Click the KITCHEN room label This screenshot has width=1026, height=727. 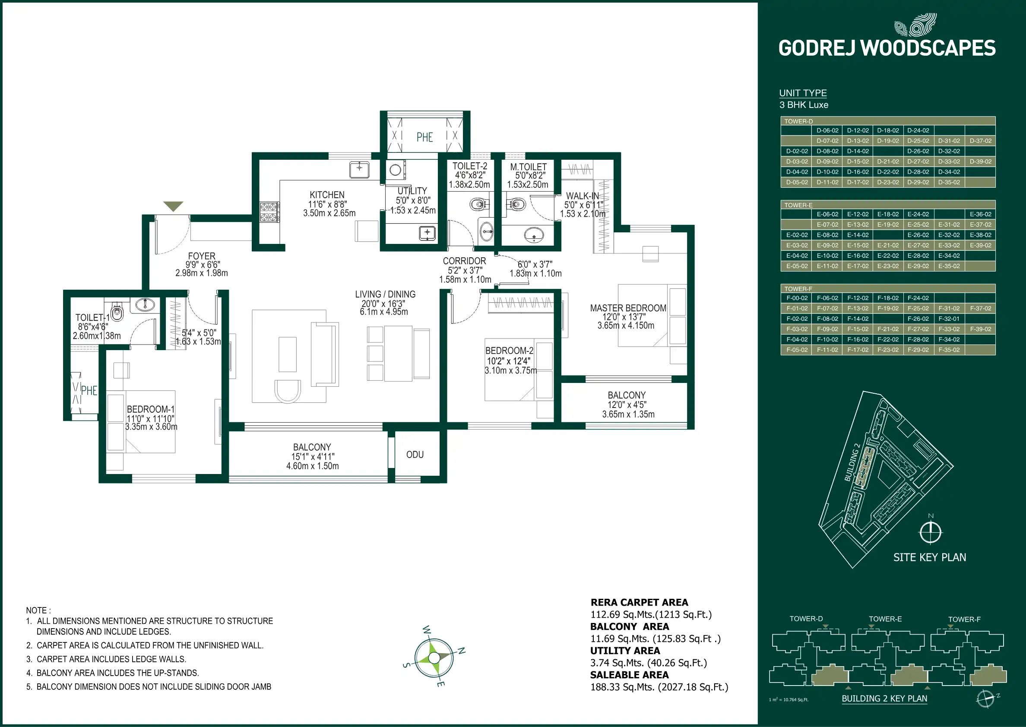[327, 195]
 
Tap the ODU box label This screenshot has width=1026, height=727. [415, 455]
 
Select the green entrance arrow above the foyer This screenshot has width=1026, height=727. [173, 206]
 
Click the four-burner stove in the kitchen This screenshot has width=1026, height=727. [269, 212]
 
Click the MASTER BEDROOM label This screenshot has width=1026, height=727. [627, 308]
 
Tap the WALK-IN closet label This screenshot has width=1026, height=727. [582, 196]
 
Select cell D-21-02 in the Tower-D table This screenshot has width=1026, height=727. [888, 161]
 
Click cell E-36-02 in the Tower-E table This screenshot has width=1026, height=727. [980, 215]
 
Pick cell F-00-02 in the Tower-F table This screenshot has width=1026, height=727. [797, 298]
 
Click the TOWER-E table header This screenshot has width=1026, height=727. [798, 205]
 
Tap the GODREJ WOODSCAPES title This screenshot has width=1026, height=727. [887, 48]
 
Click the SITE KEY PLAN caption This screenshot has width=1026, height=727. [929, 557]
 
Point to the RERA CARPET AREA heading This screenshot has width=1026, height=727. [639, 603]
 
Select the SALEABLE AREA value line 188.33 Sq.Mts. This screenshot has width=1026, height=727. [659, 687]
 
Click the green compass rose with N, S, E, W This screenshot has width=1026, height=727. [434, 657]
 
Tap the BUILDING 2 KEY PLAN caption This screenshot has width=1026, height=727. [884, 699]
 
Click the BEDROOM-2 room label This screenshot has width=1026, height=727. [509, 351]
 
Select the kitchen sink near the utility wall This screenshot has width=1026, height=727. [359, 170]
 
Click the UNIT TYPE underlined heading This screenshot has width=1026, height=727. [803, 93]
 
